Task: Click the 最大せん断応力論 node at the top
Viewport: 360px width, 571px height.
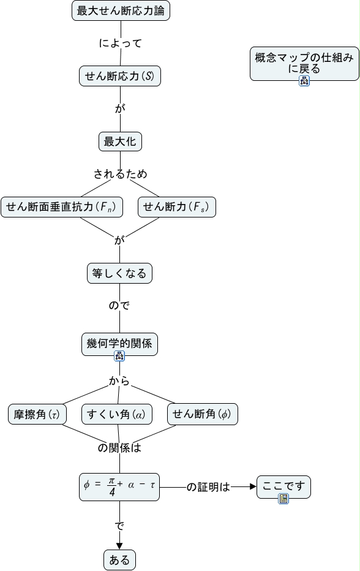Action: pos(121,10)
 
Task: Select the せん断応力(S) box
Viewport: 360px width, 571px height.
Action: pos(120,76)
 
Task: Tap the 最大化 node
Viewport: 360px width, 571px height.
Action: pos(120,142)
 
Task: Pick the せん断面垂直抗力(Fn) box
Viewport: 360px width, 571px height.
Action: pos(61,207)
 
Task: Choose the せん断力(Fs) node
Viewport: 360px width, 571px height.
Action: pos(177,207)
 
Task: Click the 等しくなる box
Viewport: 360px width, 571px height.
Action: pos(119,273)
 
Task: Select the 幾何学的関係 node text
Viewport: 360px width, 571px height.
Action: pos(119,342)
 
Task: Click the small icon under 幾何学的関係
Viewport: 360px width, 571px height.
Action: pos(119,356)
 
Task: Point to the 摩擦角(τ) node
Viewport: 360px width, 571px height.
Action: pos(37,414)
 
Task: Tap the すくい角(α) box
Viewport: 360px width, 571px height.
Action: pos(116,414)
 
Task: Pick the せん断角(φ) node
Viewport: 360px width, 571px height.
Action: pos(203,414)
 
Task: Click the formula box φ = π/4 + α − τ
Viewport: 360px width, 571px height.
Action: pos(119,487)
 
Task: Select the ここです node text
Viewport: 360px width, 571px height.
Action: pos(283,485)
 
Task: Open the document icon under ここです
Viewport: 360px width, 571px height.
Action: pos(283,499)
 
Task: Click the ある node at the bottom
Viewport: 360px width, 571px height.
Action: pos(119,560)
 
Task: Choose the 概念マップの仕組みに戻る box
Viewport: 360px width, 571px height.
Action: pos(304,64)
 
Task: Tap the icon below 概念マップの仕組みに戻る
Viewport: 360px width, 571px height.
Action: pos(304,81)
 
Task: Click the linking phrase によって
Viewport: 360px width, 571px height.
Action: pos(121,43)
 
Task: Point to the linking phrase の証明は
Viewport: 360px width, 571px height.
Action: pos(208,487)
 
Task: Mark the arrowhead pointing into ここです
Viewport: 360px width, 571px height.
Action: pos(253,486)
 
